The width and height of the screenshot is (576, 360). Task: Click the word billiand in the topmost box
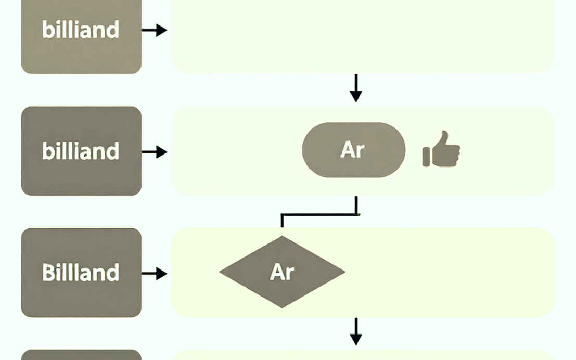coord(81,29)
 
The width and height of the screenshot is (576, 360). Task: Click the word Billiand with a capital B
coord(81,272)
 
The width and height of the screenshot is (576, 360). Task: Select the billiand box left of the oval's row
coord(81,151)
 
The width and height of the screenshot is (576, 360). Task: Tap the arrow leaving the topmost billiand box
coord(155,30)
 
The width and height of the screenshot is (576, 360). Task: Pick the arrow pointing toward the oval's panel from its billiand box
coord(155,152)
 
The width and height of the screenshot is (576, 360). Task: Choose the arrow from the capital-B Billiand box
coord(155,273)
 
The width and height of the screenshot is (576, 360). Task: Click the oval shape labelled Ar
coord(354,150)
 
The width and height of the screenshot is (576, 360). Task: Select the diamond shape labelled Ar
coord(282,272)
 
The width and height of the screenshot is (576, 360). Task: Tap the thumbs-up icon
coord(441,149)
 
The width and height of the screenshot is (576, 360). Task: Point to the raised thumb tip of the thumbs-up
coord(445,132)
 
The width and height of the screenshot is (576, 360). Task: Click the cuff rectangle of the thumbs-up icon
coord(426,157)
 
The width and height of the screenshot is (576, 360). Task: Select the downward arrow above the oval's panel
coord(355,88)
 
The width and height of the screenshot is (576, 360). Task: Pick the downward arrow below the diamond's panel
coord(355,331)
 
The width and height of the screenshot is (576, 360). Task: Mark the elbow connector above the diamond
coord(319,214)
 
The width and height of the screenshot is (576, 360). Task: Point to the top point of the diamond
coord(282,236)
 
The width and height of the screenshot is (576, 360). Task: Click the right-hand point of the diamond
coord(344,272)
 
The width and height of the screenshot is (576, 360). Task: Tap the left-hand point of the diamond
coord(220,272)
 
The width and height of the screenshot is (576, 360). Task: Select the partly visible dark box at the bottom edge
coord(81,355)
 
